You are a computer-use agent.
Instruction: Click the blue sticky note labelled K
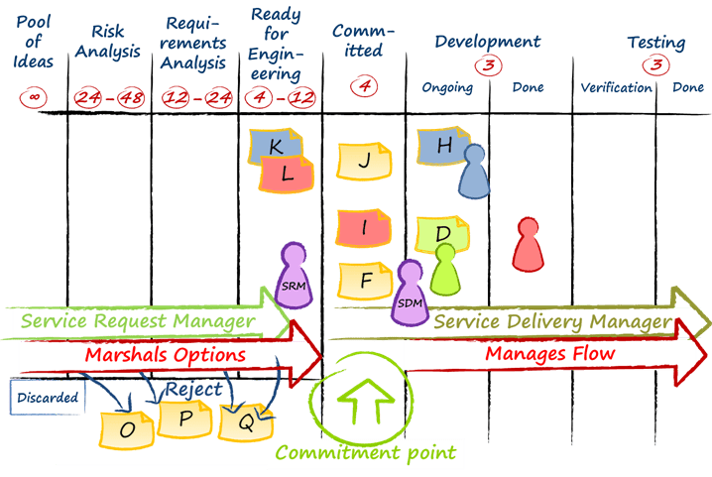pos(277,146)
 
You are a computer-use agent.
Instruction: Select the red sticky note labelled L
pos(288,175)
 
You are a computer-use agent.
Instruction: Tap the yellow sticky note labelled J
pos(365,160)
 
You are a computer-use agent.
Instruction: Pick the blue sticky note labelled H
pos(443,146)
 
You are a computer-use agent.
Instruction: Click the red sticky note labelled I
pos(365,228)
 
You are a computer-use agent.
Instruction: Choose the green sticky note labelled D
pos(443,234)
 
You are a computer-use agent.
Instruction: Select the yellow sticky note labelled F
pos(365,281)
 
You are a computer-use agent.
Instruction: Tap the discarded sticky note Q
pos(244,423)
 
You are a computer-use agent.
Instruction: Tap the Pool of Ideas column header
pos(33,41)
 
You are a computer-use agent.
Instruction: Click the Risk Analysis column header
pos(108,42)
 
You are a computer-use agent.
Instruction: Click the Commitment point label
pos(365,453)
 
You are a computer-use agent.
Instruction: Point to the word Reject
pos(193,390)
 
